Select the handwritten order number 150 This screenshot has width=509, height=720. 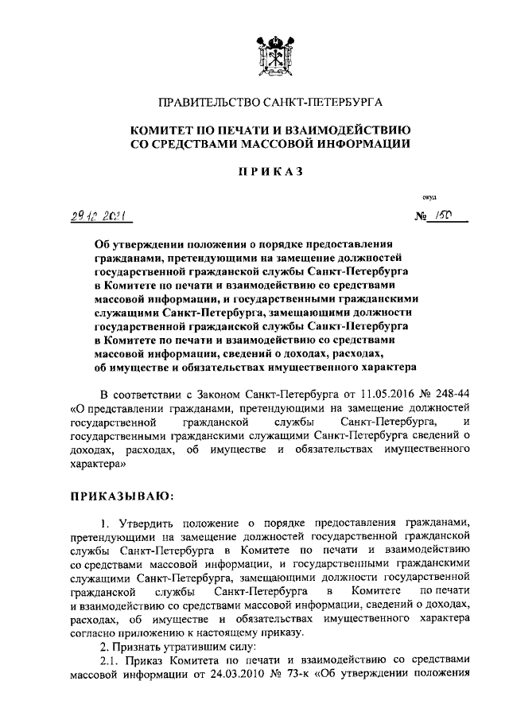coord(444,216)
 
